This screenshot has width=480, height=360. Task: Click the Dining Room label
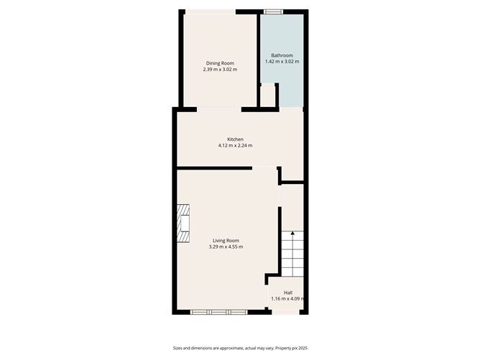(x=218, y=63)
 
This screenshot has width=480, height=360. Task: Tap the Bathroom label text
(x=282, y=55)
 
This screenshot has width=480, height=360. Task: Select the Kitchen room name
(x=235, y=139)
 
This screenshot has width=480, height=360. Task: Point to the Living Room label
(x=226, y=241)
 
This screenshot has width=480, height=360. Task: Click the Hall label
(x=288, y=292)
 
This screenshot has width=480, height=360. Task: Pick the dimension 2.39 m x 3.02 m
(x=218, y=70)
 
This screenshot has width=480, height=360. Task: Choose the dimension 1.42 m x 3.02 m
(x=282, y=62)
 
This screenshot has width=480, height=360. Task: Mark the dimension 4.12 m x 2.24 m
(x=235, y=146)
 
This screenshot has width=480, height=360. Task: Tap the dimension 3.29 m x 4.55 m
(x=226, y=247)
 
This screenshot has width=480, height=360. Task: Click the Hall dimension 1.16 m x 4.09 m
(x=288, y=299)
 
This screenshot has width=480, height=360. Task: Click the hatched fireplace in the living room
(x=185, y=226)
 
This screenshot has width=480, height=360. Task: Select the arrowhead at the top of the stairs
(x=292, y=233)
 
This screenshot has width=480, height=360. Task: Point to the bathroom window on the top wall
(x=272, y=11)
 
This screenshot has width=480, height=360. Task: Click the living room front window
(x=219, y=312)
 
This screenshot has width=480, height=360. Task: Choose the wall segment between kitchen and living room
(x=214, y=168)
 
